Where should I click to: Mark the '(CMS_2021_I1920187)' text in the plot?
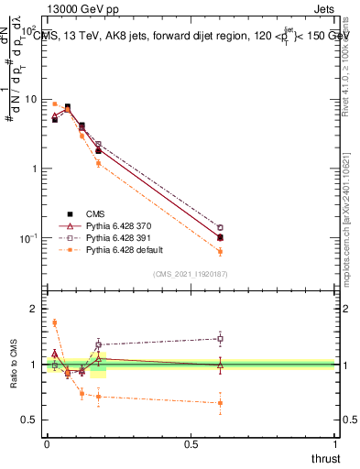click(190, 273)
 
